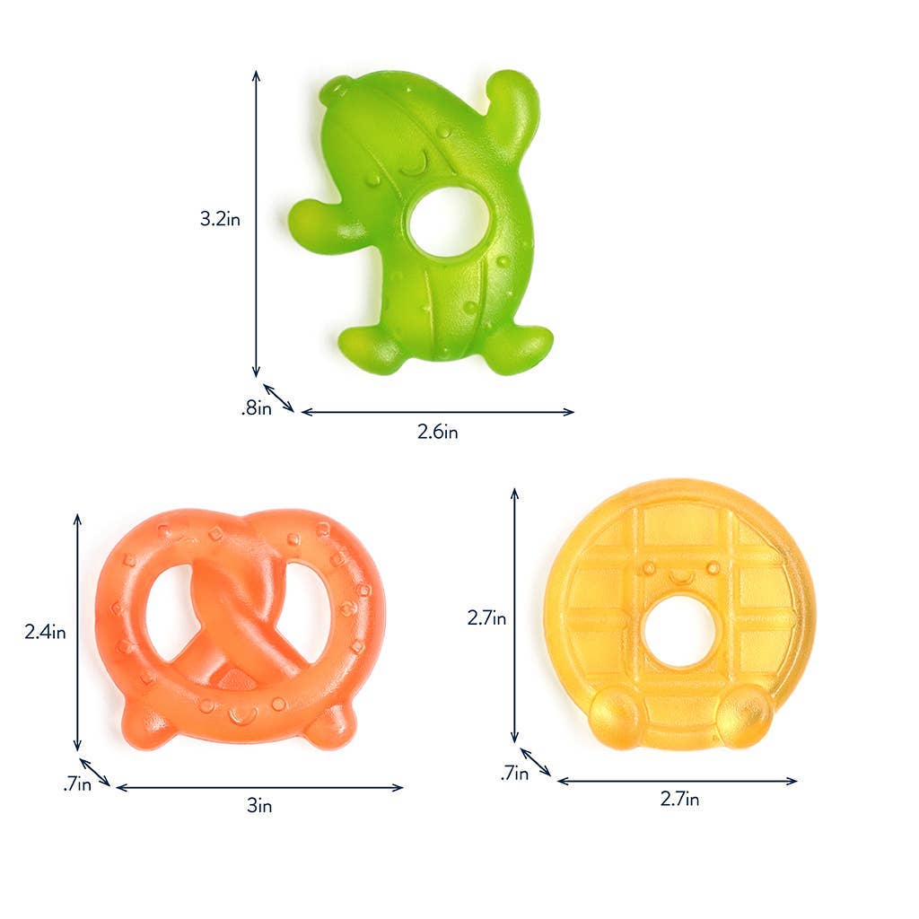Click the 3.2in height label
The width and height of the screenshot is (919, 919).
click(x=220, y=218)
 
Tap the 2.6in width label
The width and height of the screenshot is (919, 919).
click(x=438, y=432)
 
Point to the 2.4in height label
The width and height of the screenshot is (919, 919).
click(x=45, y=632)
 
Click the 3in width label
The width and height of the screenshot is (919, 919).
click(x=259, y=806)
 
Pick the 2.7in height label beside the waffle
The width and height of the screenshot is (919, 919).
click(x=486, y=617)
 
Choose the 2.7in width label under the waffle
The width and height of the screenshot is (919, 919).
click(x=679, y=799)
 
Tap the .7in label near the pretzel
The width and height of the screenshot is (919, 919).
click(x=77, y=784)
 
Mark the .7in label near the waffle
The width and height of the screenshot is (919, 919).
click(x=515, y=772)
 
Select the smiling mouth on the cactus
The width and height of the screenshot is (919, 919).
click(x=413, y=166)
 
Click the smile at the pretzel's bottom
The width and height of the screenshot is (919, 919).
click(x=241, y=715)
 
